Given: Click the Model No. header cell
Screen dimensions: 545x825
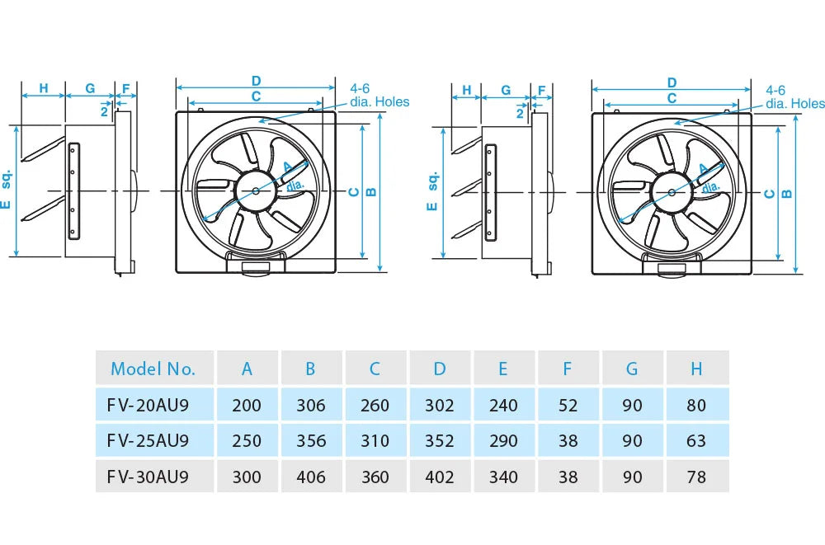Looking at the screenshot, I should coord(153,369).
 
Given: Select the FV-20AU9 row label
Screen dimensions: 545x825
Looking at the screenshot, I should coord(148,405).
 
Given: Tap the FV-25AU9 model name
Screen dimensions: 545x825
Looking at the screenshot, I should coord(148,441).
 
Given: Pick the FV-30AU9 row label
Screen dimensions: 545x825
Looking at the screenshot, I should coord(148,477).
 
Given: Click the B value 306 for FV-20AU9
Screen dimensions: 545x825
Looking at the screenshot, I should coord(310,405).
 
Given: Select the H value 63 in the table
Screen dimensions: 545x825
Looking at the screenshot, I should coord(696,441).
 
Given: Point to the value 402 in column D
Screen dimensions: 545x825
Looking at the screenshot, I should coord(439,477).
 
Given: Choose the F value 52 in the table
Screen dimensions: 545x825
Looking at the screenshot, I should coord(568,405).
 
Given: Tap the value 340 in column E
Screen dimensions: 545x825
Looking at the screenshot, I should coord(503,477).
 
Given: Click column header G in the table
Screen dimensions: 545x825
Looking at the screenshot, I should coord(632,369).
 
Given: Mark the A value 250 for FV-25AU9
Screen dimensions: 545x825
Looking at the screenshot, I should coord(247,441).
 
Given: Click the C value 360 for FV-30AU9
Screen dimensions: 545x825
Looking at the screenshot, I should coord(375,477).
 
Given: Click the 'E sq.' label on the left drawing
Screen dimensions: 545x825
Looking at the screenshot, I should coord(7,190).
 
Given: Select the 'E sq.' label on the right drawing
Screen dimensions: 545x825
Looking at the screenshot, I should coord(431,190).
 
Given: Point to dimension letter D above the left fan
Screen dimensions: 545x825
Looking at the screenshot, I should coord(257,81).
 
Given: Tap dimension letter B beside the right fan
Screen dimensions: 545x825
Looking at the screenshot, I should coord(786,194).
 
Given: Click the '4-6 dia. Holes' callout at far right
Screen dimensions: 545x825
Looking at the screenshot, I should coord(794,96).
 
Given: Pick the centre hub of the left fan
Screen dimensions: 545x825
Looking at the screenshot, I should coord(256,191).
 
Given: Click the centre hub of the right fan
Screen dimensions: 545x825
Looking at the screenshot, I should coord(672,192).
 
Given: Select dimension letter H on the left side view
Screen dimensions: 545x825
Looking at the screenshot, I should coord(43,88).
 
